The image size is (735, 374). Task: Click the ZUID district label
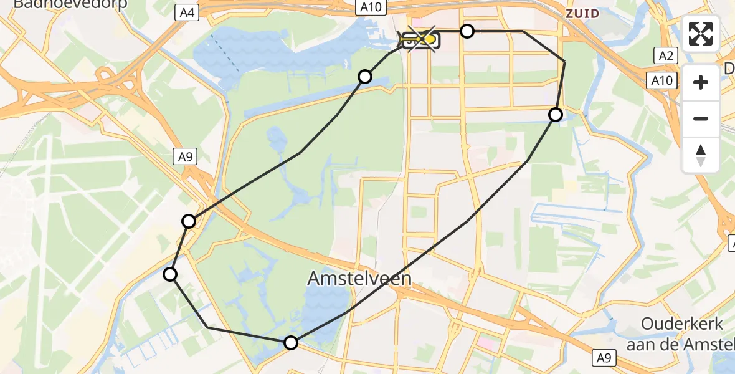click(x=582, y=13)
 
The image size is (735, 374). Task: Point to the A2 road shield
click(x=666, y=56)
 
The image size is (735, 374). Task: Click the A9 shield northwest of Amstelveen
click(x=185, y=157)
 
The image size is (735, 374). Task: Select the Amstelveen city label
click(x=359, y=279)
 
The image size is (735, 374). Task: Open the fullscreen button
click(x=701, y=34)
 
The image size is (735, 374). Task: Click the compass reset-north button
click(x=701, y=155)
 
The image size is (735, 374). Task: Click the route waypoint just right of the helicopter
click(x=467, y=31)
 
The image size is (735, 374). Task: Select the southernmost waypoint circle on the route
click(x=291, y=342)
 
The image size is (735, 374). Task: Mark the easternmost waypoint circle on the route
click(x=555, y=114)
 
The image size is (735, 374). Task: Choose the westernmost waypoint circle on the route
click(x=170, y=274)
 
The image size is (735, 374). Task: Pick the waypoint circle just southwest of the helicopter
click(x=365, y=77)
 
